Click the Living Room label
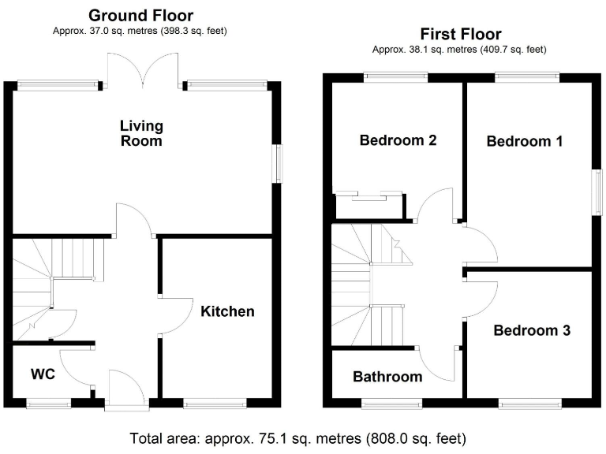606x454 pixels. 141,133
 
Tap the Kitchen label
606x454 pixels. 227,311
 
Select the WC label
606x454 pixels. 43,374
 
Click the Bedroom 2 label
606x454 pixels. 398,140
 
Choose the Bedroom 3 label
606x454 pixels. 531,330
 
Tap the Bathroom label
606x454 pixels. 387,377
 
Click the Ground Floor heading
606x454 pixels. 140,15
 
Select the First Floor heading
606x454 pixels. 460,34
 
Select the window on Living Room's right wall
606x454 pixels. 277,164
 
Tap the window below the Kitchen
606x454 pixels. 215,404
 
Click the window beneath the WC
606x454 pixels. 49,404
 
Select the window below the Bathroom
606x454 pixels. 391,404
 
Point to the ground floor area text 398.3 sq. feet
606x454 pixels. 187,31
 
